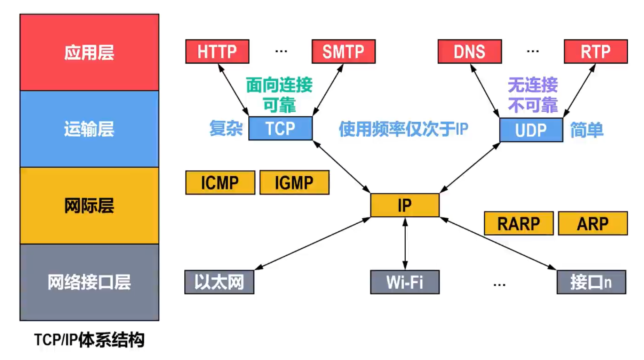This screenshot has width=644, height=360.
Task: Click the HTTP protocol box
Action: coord(217,51)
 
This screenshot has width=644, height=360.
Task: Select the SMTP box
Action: coord(343,51)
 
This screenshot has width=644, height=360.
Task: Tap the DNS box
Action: coord(469,51)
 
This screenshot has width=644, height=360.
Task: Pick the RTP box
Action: coord(595,51)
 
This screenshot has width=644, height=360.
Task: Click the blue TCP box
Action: coord(280,128)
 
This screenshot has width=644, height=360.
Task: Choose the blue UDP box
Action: coord(531,130)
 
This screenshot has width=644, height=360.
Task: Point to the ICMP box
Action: coord(220,183)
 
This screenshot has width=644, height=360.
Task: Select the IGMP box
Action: coord(294,183)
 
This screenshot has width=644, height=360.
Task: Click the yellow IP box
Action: coord(405,205)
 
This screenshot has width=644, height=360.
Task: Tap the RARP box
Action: coord(518,223)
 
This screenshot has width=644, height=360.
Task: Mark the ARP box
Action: coord(593,223)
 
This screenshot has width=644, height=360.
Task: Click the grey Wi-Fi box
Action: coord(405,282)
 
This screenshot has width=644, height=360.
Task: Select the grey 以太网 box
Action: coord(219,282)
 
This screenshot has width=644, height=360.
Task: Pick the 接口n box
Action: coord(591,282)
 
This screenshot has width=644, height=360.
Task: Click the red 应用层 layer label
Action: coord(89,53)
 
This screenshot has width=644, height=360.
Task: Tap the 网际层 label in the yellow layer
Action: coord(89,206)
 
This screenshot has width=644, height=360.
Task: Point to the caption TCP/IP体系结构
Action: coord(89,340)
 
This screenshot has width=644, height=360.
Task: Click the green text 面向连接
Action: coord(279,85)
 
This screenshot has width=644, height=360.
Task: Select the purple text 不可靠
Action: coord(533,105)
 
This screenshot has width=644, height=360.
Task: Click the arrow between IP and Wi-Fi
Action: coord(405,243)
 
